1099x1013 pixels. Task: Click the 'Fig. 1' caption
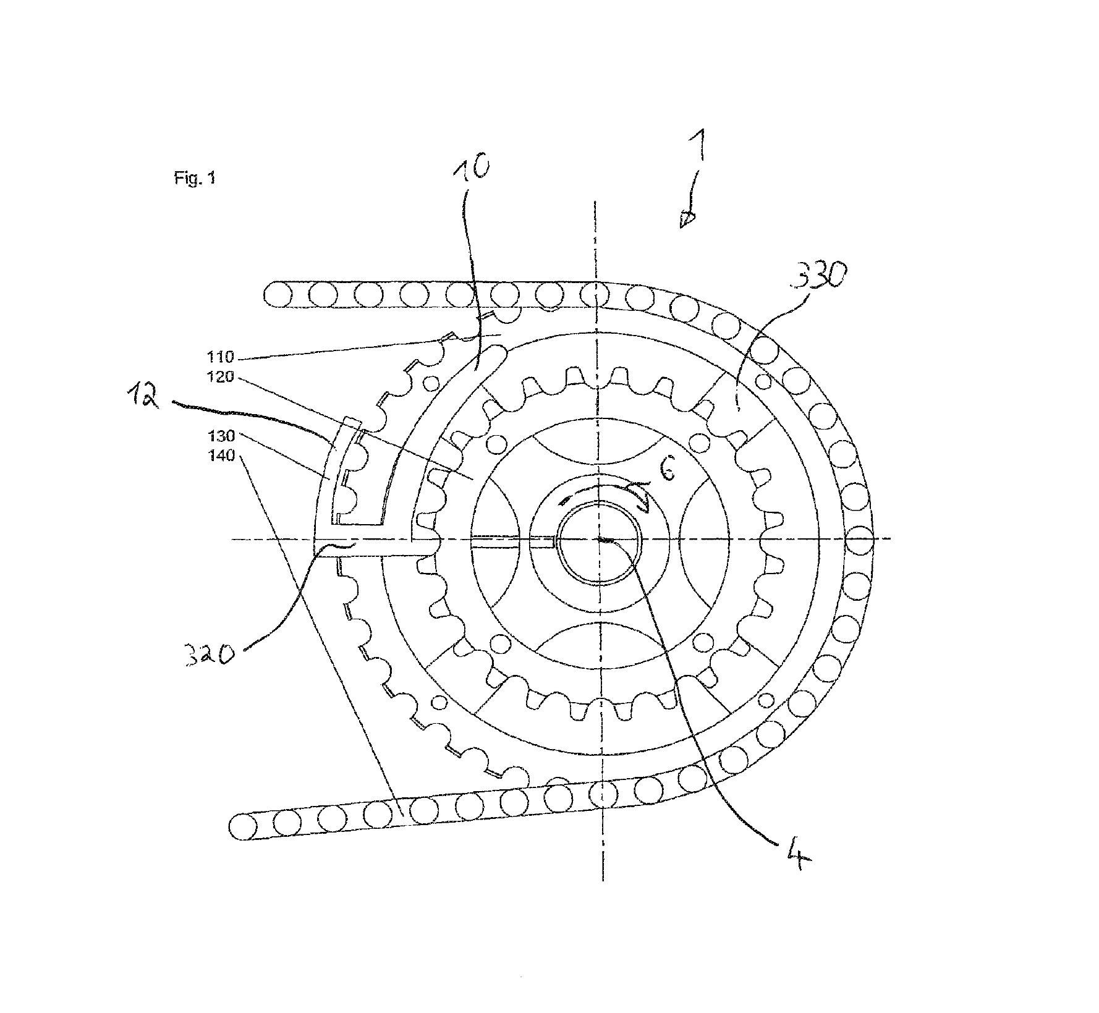(x=195, y=179)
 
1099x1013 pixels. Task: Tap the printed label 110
(x=221, y=357)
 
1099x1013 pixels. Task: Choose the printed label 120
(x=221, y=376)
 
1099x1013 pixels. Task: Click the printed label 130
(x=221, y=436)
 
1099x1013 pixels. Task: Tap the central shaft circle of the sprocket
(x=600, y=540)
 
